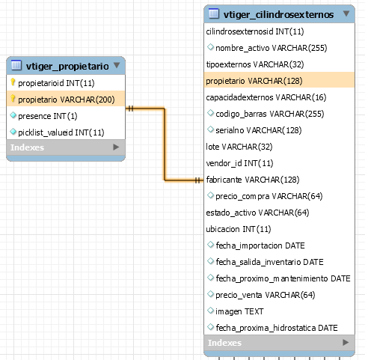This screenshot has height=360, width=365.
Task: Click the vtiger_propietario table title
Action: point(67,66)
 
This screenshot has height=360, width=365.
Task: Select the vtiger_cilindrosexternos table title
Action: point(278,14)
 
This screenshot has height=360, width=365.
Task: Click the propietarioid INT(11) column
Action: point(56,83)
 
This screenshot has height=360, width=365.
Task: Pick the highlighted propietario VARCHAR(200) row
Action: point(66,100)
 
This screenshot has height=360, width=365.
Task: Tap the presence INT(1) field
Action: point(48,116)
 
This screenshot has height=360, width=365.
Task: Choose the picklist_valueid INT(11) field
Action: point(61,132)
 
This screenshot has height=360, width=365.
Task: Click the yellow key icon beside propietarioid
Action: point(13,82)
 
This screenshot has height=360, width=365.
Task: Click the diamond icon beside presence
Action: point(13,115)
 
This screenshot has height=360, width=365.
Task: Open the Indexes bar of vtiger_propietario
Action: point(66,147)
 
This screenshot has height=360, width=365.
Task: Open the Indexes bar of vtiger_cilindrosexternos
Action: point(279,343)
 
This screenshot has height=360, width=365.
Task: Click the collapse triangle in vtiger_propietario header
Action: point(117,65)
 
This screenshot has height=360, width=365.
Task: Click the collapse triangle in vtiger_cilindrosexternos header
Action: point(346,13)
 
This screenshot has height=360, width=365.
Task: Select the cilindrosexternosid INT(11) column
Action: point(255,31)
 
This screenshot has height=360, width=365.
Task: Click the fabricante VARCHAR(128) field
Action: point(253,180)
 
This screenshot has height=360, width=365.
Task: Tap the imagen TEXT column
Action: point(239,311)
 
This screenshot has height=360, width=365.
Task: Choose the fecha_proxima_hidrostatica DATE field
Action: point(277,328)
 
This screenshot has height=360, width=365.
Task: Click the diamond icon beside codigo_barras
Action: point(210,113)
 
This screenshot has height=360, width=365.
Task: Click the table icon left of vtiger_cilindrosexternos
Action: point(214,13)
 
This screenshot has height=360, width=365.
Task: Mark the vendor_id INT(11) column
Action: point(239,163)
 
